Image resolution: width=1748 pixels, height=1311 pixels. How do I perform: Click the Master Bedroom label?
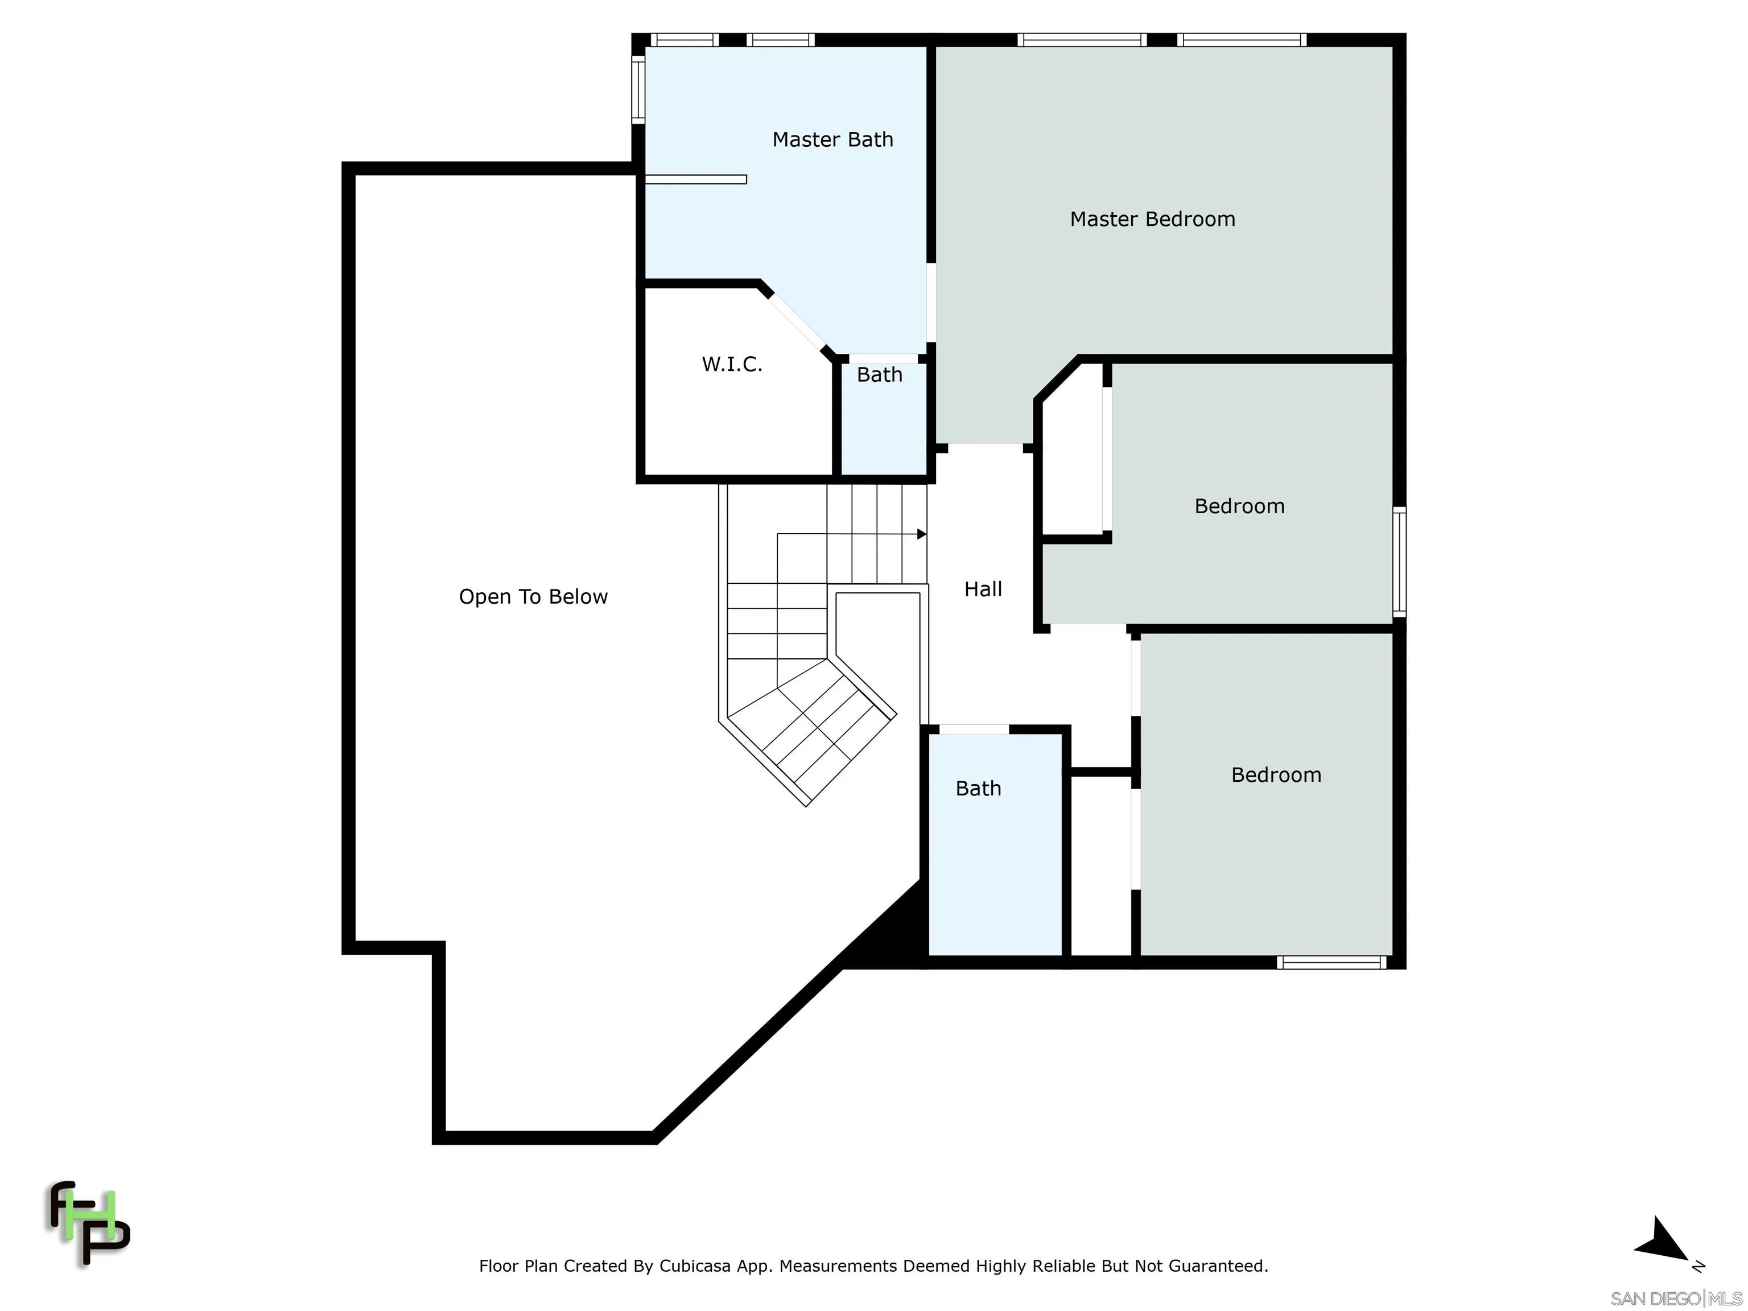1152,219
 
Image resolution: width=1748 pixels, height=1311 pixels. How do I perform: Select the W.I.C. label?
732,364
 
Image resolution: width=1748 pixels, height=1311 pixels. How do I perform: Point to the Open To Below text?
533,597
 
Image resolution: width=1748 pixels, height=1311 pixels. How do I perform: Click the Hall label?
983,589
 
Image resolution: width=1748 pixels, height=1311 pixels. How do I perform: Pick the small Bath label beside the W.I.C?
880,374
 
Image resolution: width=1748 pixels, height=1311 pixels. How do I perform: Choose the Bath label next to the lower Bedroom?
978,788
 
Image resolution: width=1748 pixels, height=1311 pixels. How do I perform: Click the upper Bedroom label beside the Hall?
1239,506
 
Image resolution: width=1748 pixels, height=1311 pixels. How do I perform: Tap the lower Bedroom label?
1276,774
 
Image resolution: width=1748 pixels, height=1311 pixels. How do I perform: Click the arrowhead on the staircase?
921,535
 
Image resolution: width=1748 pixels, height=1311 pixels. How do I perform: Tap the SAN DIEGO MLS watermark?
1675,1298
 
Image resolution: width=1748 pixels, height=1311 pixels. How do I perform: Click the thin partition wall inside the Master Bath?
695,179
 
